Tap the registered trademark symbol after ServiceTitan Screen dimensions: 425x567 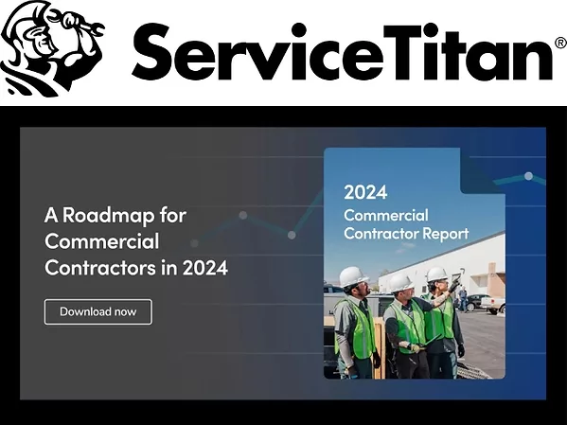tap(558, 44)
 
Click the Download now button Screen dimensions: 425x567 tap(97, 311)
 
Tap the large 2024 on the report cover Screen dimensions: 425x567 tap(365, 192)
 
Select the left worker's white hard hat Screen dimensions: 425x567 tap(353, 275)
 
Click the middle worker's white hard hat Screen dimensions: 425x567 tap(401, 282)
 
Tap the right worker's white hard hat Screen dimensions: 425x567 tap(436, 274)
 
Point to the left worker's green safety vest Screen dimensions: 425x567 tap(358, 328)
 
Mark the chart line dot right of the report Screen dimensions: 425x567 tap(528, 176)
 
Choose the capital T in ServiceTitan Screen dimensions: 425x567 tap(401, 53)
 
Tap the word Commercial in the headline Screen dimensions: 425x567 tap(101, 241)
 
